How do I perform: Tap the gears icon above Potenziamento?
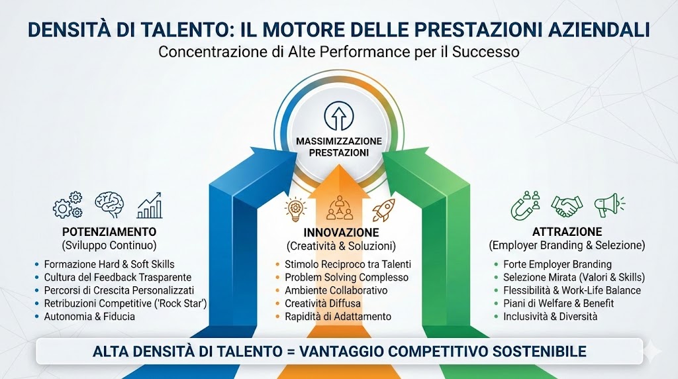68,205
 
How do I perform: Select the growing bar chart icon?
150,205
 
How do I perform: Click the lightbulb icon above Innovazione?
295,209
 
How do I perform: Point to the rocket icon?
383,209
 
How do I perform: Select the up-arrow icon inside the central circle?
339,117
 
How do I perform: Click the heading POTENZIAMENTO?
109,232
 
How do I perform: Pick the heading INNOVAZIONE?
341,233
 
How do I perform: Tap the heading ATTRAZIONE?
567,232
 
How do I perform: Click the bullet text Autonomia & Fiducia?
89,317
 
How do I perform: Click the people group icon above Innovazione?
340,209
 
